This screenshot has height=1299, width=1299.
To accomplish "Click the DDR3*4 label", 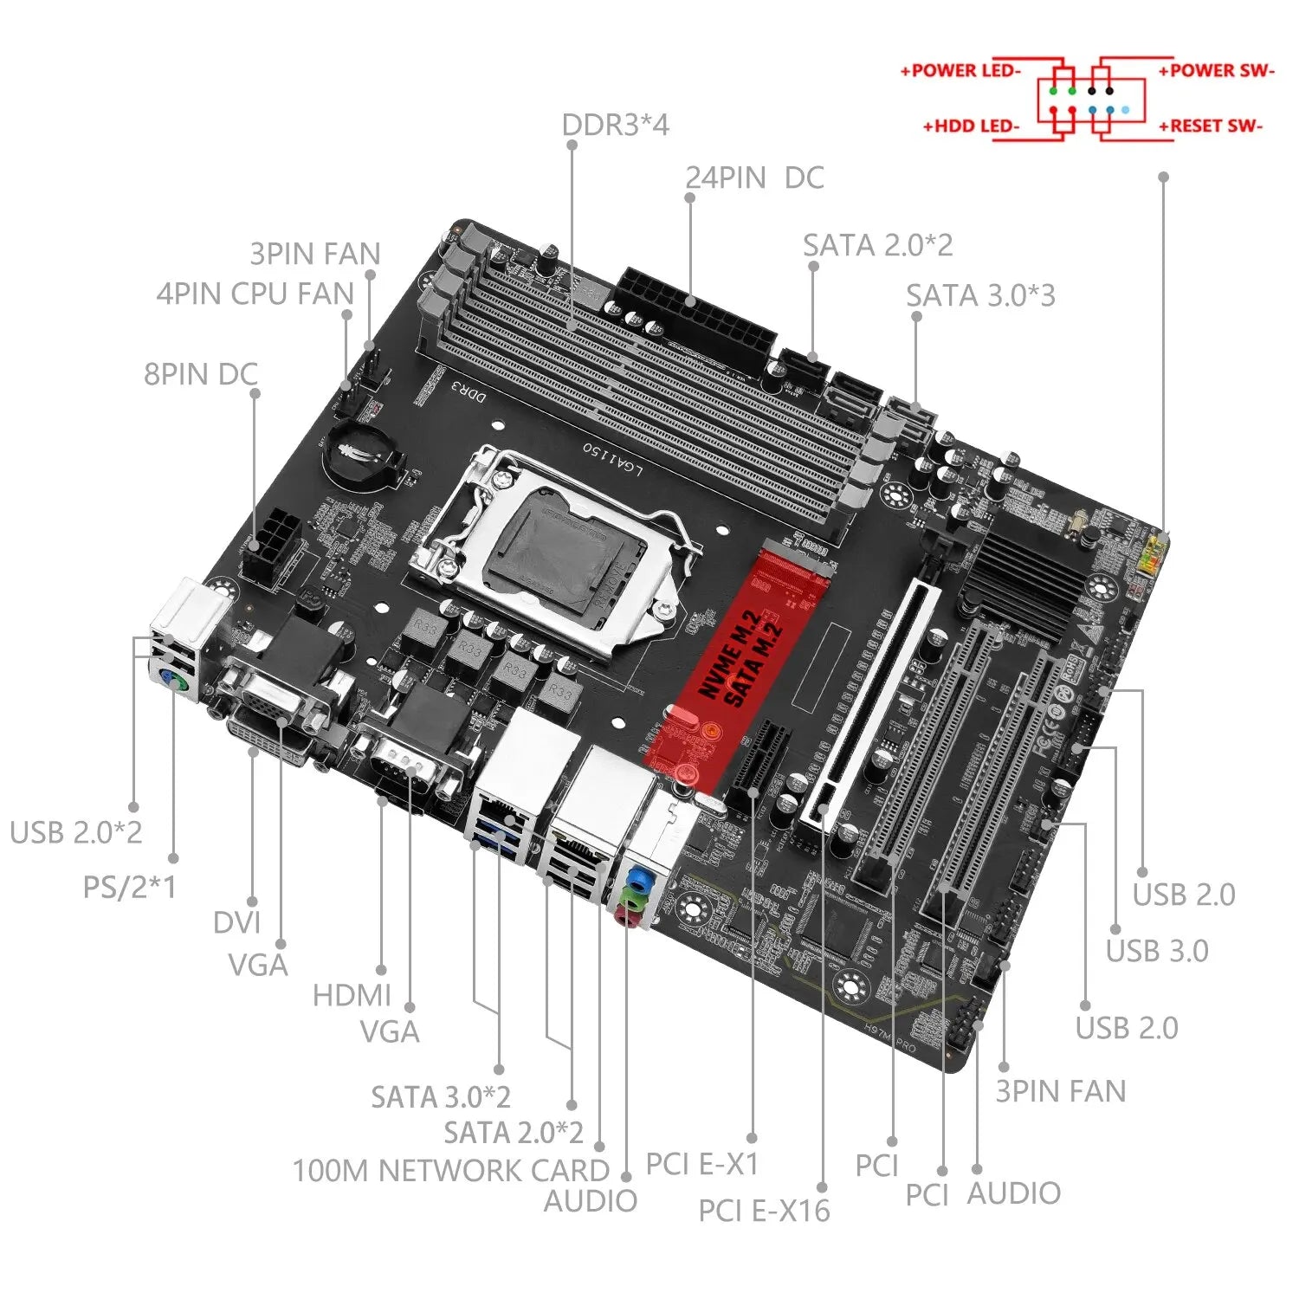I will [615, 126].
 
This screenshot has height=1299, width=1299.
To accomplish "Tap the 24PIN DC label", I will [754, 178].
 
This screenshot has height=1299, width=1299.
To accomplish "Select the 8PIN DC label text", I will [201, 375].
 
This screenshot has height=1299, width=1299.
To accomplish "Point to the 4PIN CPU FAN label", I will [255, 294].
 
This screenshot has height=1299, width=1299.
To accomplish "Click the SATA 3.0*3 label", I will [980, 296].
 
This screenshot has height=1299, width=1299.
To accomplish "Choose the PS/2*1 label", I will [129, 888].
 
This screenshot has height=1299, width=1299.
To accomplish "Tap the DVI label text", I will [236, 923].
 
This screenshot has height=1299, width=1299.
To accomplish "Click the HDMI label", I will [352, 996].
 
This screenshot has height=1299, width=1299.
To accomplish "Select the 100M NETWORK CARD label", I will [451, 1171].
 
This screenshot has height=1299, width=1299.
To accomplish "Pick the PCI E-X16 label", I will [764, 1211].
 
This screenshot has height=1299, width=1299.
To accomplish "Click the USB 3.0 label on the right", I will [1157, 951].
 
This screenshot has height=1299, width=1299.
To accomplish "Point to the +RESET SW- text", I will [1211, 126].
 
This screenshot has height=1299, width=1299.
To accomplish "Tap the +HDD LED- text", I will [971, 126].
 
